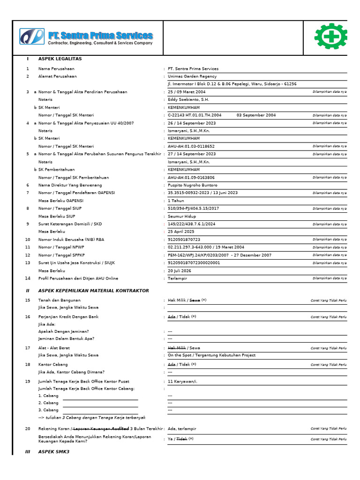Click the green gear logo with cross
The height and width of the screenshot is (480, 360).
pos(331,37)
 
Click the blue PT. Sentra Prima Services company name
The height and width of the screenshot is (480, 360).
pos(100,36)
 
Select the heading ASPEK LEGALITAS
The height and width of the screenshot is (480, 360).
pos(60,59)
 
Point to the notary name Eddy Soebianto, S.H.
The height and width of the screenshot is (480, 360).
pos(188,99)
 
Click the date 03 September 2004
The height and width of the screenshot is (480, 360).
pos(256,115)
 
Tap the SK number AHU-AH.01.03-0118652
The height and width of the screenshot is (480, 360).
pos(191,146)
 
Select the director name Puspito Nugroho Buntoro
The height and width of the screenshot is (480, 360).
pos(193,185)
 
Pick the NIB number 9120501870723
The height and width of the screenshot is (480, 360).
pos(184,240)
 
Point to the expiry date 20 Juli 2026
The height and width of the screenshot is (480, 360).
pos(180,270)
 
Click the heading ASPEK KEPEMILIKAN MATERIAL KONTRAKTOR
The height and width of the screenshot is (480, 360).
pos(93,291)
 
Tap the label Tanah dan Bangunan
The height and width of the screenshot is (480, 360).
pos(60,300)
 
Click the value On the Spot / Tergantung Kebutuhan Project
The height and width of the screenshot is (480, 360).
pos(211,355)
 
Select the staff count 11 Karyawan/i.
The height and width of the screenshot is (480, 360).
pos(182,382)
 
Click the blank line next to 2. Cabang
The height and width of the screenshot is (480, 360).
pos(100,403)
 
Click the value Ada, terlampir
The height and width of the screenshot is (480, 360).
pos(182,428)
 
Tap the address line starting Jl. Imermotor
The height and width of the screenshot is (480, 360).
pos(232,84)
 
